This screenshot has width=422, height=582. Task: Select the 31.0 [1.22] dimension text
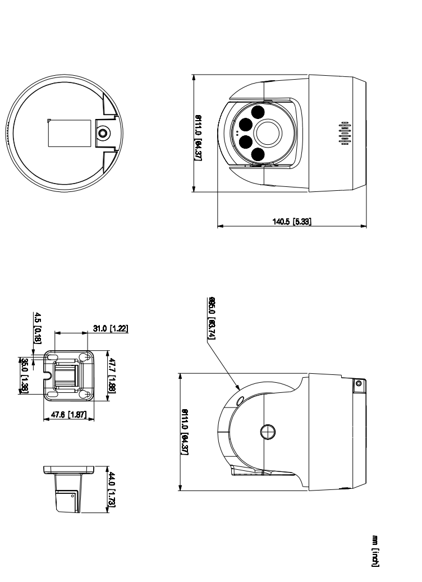pyautogui.click(x=110, y=328)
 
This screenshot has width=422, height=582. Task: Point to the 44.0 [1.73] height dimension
pyautogui.click(x=112, y=490)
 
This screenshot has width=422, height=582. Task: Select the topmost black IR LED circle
pyautogui.click(x=258, y=112)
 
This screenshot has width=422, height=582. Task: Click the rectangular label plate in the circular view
pyautogui.click(x=70, y=133)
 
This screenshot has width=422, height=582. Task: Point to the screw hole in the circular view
pyautogui.click(x=103, y=134)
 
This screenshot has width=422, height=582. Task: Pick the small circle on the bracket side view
pyautogui.click(x=74, y=494)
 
